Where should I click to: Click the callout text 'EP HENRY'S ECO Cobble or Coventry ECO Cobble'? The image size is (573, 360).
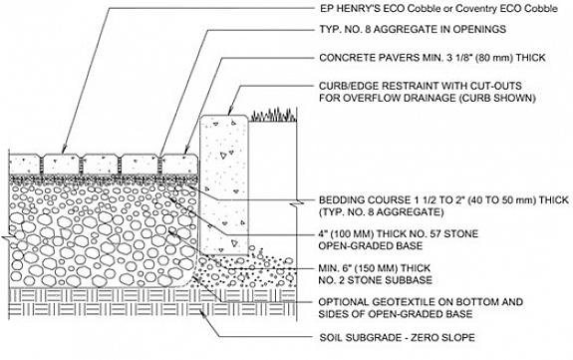[x=438, y=9]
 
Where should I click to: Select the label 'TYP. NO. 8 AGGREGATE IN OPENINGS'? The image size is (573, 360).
[x=413, y=29]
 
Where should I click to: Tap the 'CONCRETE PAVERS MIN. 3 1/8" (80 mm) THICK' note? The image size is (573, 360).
[x=432, y=58]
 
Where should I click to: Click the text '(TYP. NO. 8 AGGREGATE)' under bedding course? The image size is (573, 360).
[x=382, y=211]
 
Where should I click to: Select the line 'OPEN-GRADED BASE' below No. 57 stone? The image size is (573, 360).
[x=371, y=245]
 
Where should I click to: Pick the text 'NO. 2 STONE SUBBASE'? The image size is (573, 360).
[x=376, y=280]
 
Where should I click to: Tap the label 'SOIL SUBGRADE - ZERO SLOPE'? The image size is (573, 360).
[x=398, y=337]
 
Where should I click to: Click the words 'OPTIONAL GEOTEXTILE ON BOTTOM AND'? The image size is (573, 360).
[x=421, y=302]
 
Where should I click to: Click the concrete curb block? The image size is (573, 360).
[x=224, y=185]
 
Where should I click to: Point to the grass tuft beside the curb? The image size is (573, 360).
[x=273, y=115]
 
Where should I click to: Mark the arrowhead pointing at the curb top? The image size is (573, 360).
[x=230, y=112]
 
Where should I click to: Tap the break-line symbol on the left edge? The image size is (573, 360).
[x=8, y=239]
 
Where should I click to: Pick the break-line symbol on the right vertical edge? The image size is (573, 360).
[x=297, y=203]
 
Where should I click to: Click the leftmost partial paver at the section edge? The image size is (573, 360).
[x=25, y=165]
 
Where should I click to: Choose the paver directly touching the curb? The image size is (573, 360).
[x=179, y=165]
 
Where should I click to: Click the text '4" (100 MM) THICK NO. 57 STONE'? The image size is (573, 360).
[x=399, y=233]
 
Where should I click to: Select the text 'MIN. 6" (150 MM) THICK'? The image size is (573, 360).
[x=375, y=268]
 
